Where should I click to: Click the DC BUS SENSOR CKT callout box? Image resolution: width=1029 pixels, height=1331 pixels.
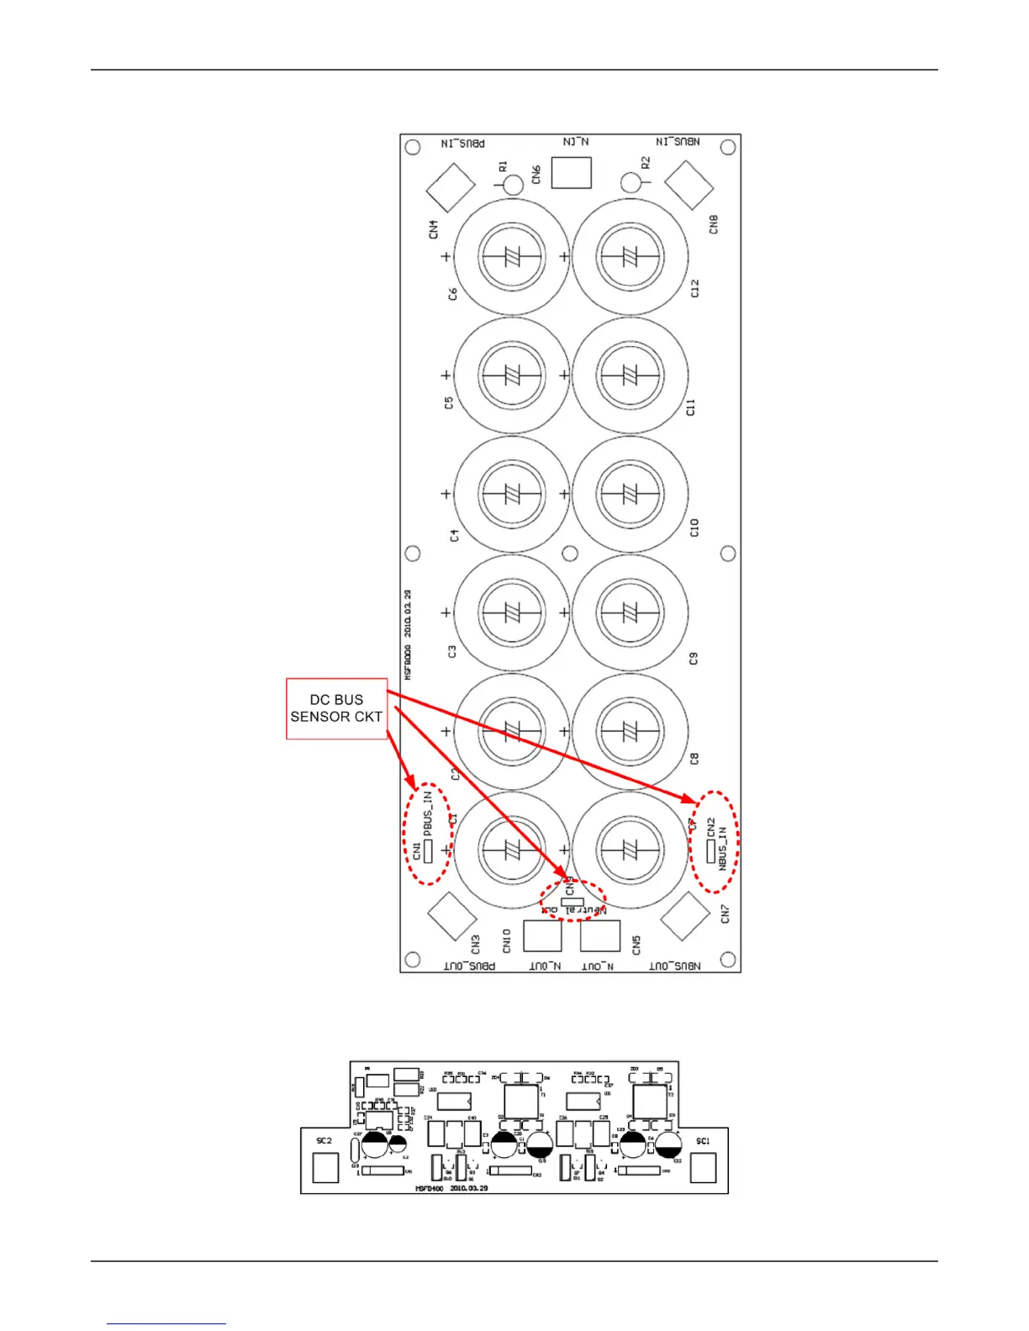pyautogui.click(x=336, y=708)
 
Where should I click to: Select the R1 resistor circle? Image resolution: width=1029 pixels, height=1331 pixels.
pyautogui.click(x=514, y=184)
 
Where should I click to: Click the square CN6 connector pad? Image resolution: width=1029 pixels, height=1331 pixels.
pyautogui.click(x=572, y=172)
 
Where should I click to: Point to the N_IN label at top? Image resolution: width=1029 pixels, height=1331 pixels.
pyautogui.click(x=575, y=142)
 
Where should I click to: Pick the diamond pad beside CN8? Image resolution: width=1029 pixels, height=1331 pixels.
pyautogui.click(x=689, y=185)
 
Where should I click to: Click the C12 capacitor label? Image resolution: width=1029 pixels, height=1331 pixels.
pyautogui.click(x=694, y=288)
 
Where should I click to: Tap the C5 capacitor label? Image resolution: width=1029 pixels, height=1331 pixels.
pyautogui.click(x=448, y=402)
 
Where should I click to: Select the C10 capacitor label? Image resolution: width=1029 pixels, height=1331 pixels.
pyautogui.click(x=694, y=528)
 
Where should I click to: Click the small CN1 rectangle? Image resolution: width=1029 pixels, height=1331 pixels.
pyautogui.click(x=427, y=851)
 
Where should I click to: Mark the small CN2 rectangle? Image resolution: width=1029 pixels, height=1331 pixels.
pyautogui.click(x=710, y=851)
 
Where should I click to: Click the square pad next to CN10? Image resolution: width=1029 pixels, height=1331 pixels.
pyautogui.click(x=542, y=936)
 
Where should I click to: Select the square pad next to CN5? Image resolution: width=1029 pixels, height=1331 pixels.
pyautogui.click(x=600, y=936)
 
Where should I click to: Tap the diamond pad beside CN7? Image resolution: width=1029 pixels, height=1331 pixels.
pyautogui.click(x=686, y=917)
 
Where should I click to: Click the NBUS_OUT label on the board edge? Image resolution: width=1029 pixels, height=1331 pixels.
pyautogui.click(x=675, y=966)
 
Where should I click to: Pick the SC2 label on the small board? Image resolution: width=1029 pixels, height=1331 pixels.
pyautogui.click(x=324, y=1141)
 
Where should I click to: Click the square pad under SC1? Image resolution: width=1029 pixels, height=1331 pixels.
pyautogui.click(x=703, y=1167)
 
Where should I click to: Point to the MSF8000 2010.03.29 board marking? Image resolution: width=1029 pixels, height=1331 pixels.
pyautogui.click(x=408, y=635)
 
